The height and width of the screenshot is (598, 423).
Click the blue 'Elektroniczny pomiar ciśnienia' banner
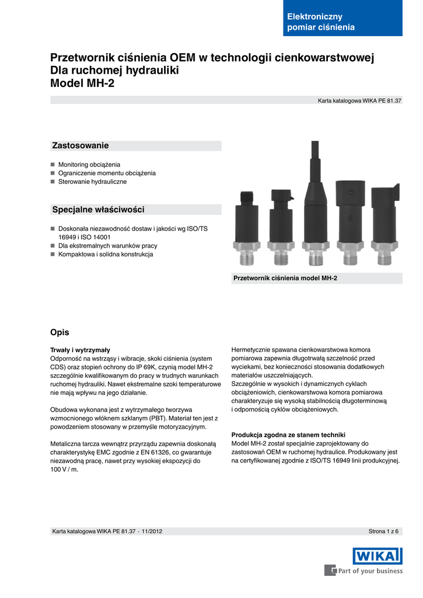(x=342, y=22)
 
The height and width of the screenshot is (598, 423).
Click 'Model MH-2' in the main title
(x=82, y=84)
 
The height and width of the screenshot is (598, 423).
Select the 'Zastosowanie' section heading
(x=81, y=145)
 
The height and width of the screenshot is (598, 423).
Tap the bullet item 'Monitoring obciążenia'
(x=89, y=165)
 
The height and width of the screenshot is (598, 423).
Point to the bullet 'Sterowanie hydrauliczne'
(x=92, y=182)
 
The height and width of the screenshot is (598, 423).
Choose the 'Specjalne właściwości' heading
(x=98, y=210)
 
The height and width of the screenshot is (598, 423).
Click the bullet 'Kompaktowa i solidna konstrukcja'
(x=105, y=255)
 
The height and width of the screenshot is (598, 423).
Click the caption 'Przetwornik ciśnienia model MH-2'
(x=285, y=279)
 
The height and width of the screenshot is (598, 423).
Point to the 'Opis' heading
(x=60, y=332)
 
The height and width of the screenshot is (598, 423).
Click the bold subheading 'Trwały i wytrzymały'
(x=81, y=350)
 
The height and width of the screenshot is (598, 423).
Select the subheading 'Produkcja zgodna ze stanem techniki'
(x=288, y=435)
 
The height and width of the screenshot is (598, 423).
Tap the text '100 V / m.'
(x=64, y=469)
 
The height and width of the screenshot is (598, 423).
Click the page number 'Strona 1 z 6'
(x=383, y=531)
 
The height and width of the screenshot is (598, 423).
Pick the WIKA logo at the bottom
(x=377, y=555)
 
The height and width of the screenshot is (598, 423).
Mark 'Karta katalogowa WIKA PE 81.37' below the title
(x=359, y=101)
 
